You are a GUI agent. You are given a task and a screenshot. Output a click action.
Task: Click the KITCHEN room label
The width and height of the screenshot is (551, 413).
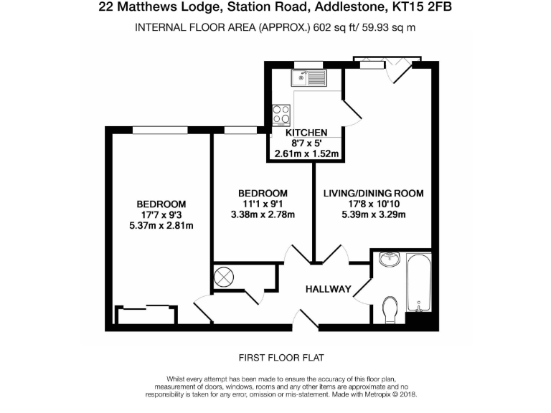pyautogui.click(x=306, y=133)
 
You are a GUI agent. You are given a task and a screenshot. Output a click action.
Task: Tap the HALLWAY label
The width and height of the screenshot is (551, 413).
pyautogui.click(x=328, y=290)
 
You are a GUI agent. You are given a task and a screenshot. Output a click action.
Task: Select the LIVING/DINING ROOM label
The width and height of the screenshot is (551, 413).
pyautogui.click(x=373, y=194)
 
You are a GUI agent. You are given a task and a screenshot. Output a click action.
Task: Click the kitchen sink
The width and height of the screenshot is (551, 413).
pyautogui.click(x=309, y=75)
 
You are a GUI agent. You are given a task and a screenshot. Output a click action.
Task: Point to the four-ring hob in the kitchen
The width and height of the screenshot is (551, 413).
pyautogui.click(x=281, y=115)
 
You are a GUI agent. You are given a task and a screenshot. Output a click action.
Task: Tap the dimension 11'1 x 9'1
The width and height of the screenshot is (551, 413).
pyautogui.click(x=263, y=204)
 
